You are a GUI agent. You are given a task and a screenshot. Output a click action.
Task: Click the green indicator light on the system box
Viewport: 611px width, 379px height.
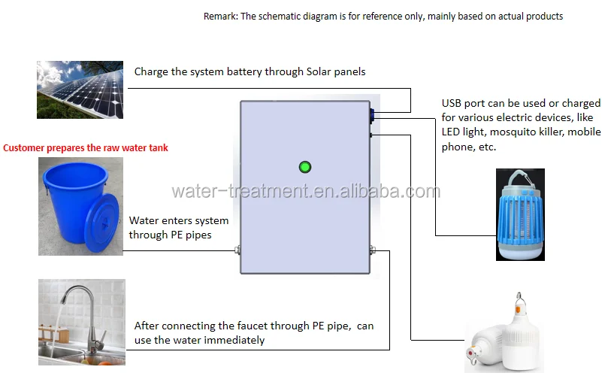[305, 167]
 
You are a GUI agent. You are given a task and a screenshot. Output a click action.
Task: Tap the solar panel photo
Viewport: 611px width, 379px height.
[80, 89]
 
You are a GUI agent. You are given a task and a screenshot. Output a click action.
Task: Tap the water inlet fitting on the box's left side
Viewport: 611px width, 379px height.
[237, 250]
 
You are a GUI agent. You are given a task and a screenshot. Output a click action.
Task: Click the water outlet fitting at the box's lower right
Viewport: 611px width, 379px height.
[372, 250]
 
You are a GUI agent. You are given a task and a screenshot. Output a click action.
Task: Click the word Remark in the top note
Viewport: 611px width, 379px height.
[220, 17]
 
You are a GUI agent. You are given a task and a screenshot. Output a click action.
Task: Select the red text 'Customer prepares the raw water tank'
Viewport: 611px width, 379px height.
[86, 148]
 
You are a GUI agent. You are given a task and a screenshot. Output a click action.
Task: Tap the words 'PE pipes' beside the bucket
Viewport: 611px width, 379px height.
[192, 235]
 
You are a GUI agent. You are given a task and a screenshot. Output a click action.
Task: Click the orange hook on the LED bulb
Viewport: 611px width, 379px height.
[518, 305]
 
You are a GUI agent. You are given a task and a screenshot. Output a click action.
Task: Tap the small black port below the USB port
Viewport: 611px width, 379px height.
[371, 135]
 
